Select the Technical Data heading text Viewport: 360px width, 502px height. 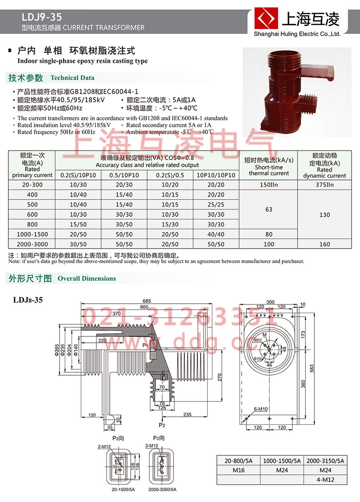(x=72, y=78)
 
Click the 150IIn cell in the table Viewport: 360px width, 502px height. (x=268, y=185)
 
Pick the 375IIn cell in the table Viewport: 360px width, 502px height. (x=324, y=185)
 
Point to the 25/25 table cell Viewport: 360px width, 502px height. (x=216, y=205)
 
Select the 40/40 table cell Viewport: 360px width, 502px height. (x=216, y=234)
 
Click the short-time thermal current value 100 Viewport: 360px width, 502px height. (x=268, y=244)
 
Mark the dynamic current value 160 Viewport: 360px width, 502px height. (x=324, y=244)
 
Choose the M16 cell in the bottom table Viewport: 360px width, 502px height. (x=238, y=470)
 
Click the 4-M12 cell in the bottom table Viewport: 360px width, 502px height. (x=325, y=480)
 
